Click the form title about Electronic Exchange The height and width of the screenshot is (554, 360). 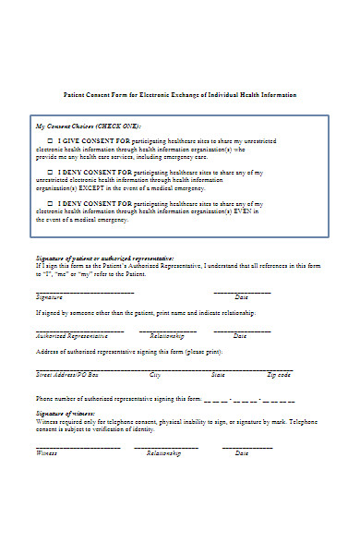(x=179, y=95)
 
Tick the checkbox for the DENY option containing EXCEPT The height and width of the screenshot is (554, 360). (x=50, y=171)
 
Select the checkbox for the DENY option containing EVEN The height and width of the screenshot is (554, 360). (x=50, y=202)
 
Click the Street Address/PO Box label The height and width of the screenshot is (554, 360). (x=66, y=375)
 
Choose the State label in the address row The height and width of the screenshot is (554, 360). (x=218, y=375)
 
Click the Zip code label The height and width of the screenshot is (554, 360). (x=279, y=375)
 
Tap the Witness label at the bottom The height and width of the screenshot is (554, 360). (x=47, y=453)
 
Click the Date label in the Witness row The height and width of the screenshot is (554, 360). (x=242, y=453)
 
